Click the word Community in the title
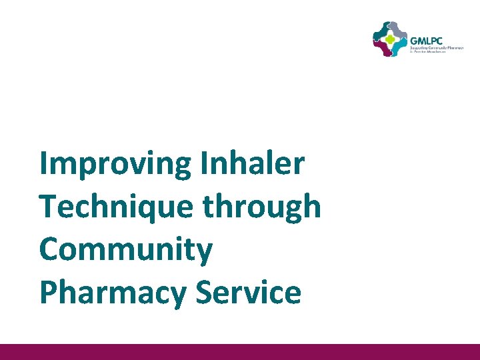coord(125,250)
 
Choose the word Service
coord(248,293)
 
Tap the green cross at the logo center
coord(389,39)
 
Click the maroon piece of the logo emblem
coord(382,49)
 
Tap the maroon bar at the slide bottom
coord(240,352)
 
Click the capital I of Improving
coord(43,163)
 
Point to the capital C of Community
coord(50,250)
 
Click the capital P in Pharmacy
coord(49,293)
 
